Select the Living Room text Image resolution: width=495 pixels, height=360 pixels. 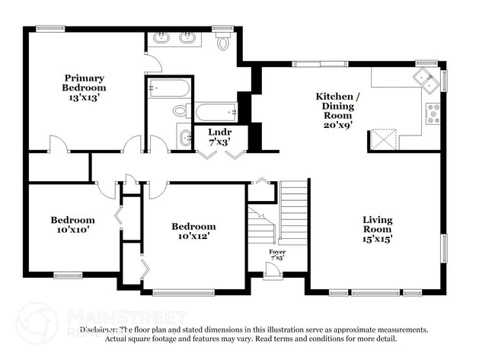(x=377, y=225)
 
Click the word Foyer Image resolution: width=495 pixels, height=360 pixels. (x=276, y=251)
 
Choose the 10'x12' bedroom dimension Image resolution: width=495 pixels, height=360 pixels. (x=193, y=236)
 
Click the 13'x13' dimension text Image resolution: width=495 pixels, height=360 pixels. (x=84, y=97)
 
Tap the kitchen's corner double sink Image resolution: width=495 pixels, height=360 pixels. (x=424, y=77)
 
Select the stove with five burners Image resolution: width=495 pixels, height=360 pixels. (x=433, y=113)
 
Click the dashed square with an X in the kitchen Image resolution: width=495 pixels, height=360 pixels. (x=382, y=140)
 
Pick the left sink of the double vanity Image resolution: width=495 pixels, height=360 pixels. (x=162, y=37)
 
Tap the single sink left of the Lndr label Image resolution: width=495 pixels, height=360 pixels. (x=185, y=138)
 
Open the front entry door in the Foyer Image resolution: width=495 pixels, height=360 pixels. (x=273, y=269)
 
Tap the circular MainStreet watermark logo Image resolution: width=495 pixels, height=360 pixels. (x=36, y=323)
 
